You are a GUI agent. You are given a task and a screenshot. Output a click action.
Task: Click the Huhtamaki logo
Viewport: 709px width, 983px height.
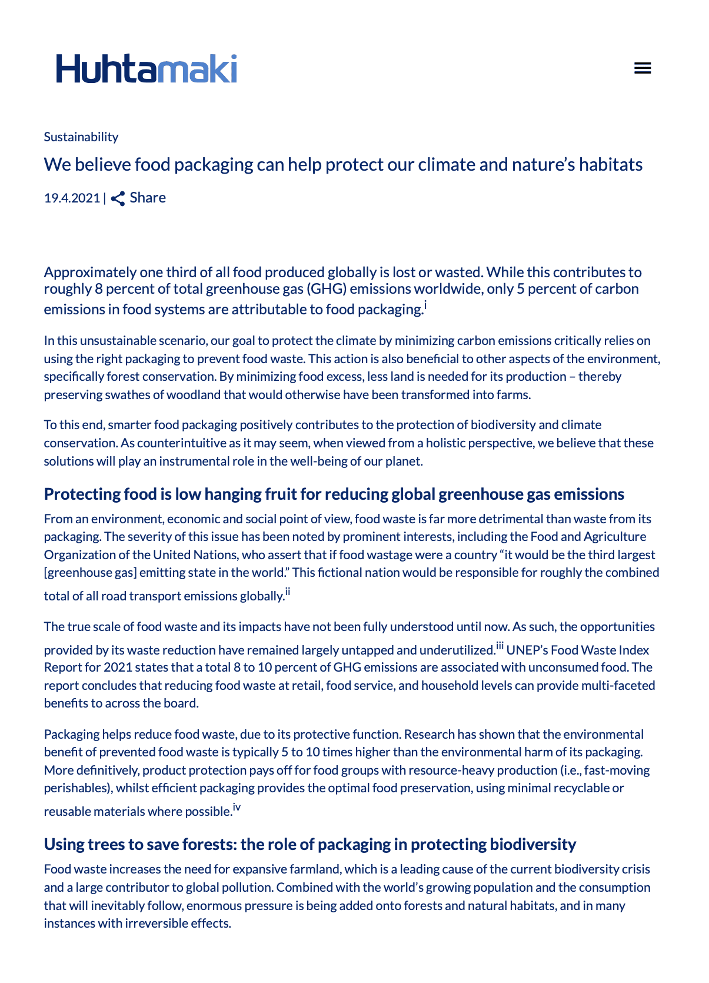click(147, 69)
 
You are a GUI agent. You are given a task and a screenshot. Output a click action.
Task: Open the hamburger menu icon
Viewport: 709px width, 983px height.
click(643, 68)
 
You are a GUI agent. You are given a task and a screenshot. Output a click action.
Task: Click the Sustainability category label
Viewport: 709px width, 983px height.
click(81, 137)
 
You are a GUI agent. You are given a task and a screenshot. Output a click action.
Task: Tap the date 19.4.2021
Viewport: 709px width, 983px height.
click(72, 198)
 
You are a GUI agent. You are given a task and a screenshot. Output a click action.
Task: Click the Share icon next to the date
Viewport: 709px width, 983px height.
click(118, 198)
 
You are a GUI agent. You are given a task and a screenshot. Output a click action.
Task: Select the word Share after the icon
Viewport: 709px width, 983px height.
click(148, 198)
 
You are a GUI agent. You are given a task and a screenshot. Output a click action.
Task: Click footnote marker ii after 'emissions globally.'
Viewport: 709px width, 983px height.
click(288, 592)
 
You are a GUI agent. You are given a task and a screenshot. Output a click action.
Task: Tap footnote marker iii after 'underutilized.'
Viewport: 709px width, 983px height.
click(500, 646)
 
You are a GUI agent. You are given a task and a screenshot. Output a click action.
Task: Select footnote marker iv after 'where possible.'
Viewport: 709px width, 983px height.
click(237, 807)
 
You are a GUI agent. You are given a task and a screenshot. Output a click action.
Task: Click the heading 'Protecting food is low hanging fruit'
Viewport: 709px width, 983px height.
click(334, 494)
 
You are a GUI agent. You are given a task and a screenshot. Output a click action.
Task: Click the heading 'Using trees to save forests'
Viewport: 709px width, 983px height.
click(309, 844)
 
